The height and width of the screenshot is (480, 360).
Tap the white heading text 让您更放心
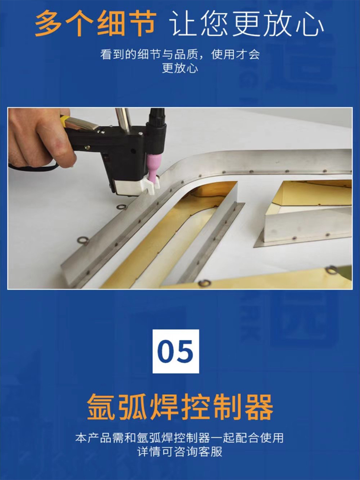247,24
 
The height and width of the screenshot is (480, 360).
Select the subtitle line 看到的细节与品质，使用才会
180,55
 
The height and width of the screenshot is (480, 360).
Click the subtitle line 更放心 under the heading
180,68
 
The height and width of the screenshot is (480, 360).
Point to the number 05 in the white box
175,351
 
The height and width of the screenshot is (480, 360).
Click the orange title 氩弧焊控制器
180,407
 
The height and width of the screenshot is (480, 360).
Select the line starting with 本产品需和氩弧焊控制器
180,438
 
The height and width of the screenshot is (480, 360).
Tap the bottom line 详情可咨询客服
180,452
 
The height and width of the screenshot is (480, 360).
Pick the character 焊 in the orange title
165,407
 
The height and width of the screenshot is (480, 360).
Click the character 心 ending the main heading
310,24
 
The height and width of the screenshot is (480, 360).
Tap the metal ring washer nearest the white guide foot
121,207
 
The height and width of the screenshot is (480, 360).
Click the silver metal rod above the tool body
123,120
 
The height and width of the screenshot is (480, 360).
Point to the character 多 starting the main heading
49,23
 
